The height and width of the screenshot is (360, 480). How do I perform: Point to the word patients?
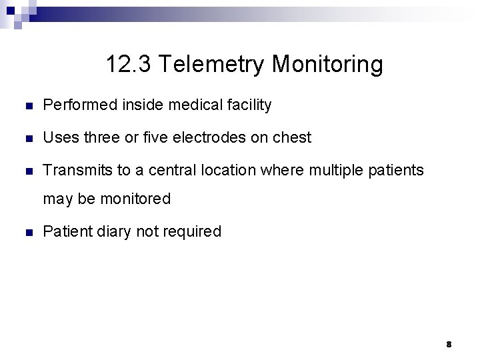pos(397,170)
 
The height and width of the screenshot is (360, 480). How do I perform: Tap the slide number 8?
pos(449,344)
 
